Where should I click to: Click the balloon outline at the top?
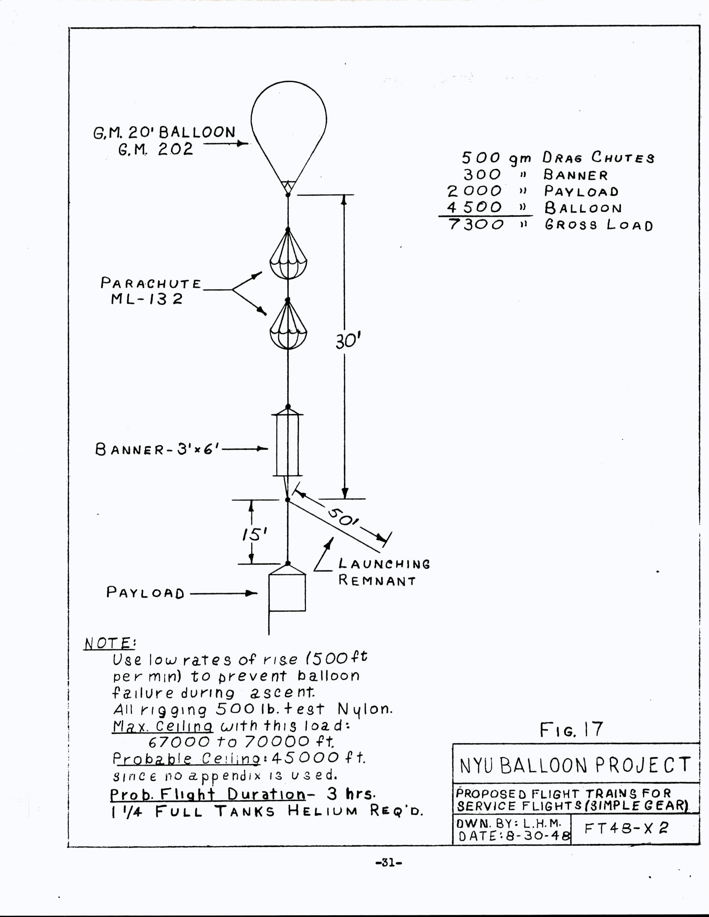289,126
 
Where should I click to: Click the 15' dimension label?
254,534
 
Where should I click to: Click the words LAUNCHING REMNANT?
383,572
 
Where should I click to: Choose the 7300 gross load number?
476,225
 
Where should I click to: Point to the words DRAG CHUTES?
598,158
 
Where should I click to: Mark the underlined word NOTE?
108,644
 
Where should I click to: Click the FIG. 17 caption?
571,730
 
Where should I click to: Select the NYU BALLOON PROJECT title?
575,765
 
